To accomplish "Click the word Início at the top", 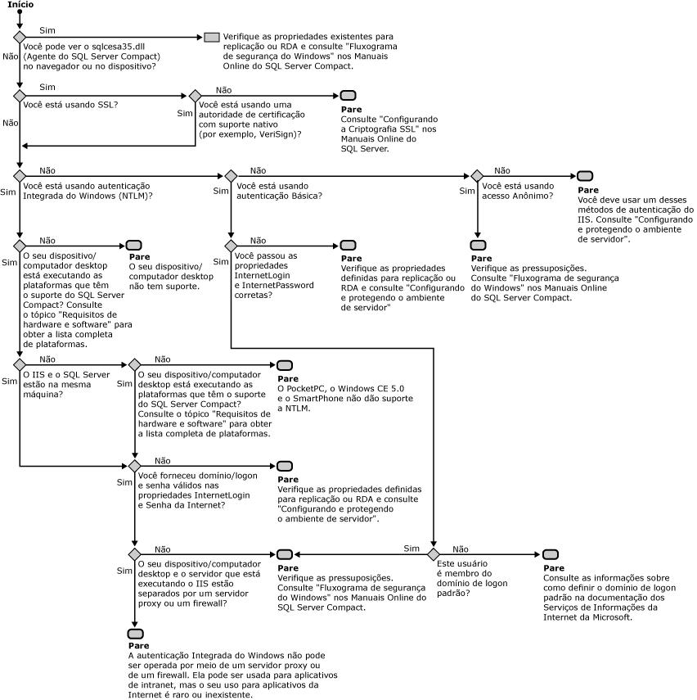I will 20,5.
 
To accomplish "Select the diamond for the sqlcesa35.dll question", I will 20,38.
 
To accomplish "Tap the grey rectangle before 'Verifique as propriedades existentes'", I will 211,38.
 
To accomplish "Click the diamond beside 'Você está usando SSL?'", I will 20,96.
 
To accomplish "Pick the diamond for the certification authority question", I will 195,96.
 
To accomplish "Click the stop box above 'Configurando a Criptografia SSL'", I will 348,96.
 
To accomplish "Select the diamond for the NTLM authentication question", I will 20,176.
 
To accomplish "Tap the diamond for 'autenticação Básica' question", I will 231,176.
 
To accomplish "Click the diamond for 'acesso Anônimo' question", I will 477,176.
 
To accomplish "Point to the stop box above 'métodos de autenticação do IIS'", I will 585,176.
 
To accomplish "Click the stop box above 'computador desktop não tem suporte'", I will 135,246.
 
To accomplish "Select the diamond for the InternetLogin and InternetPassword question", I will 231,246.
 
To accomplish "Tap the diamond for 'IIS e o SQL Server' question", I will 20,364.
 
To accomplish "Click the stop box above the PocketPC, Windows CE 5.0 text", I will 285,364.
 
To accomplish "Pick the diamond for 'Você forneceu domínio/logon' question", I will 135,466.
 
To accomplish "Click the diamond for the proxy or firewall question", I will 135,554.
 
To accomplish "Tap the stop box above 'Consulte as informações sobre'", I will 551,554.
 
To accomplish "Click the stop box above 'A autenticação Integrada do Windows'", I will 135,635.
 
